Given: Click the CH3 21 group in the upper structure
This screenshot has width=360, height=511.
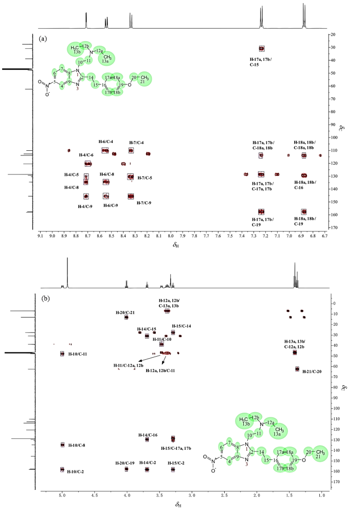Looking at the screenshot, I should click(144, 78).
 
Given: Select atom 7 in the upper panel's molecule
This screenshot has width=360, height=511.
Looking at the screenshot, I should click(62, 68).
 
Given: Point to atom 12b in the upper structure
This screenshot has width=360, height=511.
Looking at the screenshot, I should click(86, 46).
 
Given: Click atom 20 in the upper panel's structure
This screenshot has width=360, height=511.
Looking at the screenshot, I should click(134, 76).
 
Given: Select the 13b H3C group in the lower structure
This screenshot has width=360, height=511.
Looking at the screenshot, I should click(245, 421).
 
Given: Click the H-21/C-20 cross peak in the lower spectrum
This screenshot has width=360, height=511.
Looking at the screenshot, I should click(297, 369).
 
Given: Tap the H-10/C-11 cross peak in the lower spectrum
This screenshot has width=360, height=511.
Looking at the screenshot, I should click(62, 354).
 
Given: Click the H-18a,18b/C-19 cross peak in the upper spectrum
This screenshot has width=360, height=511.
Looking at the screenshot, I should click(303, 212).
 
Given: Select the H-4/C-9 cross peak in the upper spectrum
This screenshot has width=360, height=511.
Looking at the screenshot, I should click(86, 196).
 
